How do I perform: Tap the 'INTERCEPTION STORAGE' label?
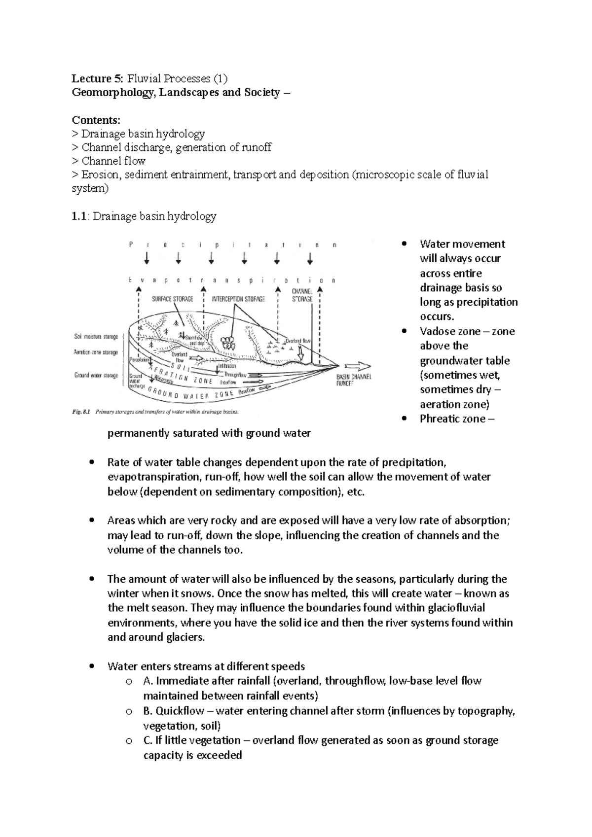click(238, 299)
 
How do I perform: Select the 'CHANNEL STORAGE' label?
click(302, 295)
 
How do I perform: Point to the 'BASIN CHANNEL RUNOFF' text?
click(353, 379)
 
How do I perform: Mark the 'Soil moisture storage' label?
click(96, 336)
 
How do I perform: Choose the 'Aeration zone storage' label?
click(96, 352)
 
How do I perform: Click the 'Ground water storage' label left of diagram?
click(96, 375)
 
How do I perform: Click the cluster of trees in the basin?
click(227, 342)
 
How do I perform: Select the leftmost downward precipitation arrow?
click(147, 259)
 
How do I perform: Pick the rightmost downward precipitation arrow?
click(310, 259)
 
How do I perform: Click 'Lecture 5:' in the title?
click(97, 78)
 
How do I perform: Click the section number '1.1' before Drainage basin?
click(79, 216)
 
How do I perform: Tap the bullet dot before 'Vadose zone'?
click(405, 331)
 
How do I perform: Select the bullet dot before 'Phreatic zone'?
click(405, 419)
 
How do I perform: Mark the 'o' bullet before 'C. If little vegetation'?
click(129, 740)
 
